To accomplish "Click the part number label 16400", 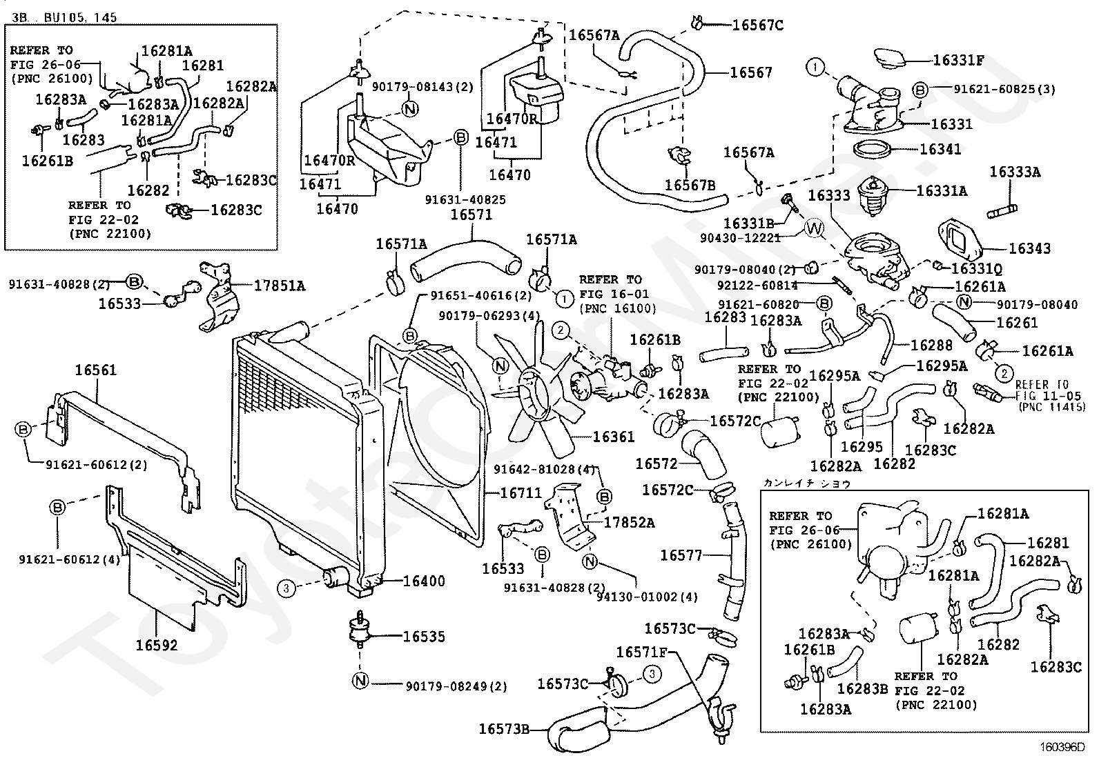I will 424,581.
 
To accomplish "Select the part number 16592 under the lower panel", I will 157,646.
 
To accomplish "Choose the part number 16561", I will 96,370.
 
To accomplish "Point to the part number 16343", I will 1029,248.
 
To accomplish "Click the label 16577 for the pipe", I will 681,555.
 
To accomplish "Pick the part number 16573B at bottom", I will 504,729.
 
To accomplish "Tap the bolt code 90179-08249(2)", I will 456,687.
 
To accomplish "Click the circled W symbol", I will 815,228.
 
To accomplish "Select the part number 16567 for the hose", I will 751,72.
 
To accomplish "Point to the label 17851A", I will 279,286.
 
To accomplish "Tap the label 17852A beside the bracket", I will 629,523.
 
